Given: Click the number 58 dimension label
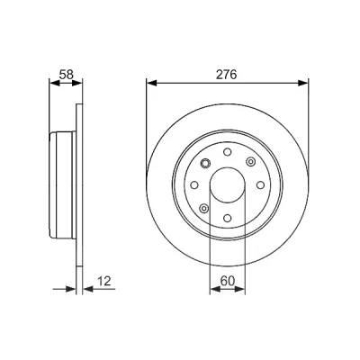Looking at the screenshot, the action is pyautogui.click(x=66, y=75).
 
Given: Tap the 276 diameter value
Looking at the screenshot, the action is pyautogui.click(x=227, y=75).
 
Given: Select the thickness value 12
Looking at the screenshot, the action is pyautogui.click(x=104, y=281).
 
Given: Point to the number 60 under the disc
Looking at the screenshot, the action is pyautogui.click(x=227, y=281).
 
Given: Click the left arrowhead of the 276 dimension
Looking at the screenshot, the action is pyautogui.click(x=152, y=83).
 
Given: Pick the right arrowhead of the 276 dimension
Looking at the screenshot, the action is pyautogui.click(x=303, y=83).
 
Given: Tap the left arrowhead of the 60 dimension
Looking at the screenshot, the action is pyautogui.click(x=215, y=289).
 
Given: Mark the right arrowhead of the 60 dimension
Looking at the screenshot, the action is pyautogui.click(x=239, y=289).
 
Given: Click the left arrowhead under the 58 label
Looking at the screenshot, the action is pyautogui.click(x=54, y=83).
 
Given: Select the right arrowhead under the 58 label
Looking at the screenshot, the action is pyautogui.click(x=76, y=83).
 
